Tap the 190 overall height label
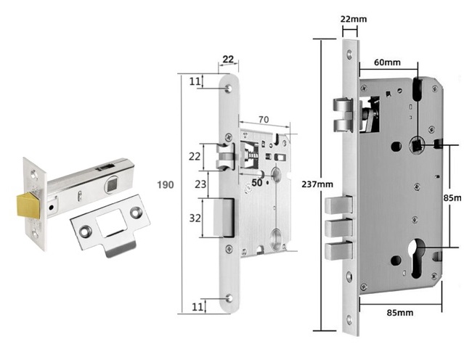(x=166, y=185)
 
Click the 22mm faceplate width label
(x=352, y=18)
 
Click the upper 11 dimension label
(x=195, y=81)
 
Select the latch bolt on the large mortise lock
(x=341, y=116)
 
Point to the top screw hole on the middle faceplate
(x=229, y=87)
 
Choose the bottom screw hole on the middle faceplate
(x=230, y=298)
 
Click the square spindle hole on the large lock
(x=418, y=146)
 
